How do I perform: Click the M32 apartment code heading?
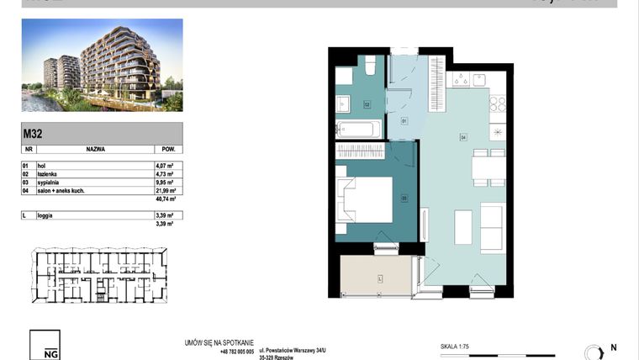coord(34,131)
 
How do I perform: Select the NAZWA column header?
coord(94,148)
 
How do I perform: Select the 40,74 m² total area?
coord(163,200)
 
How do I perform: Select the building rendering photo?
coord(102,66)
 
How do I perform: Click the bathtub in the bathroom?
coord(358,129)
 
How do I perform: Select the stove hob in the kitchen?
coord(497,104)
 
